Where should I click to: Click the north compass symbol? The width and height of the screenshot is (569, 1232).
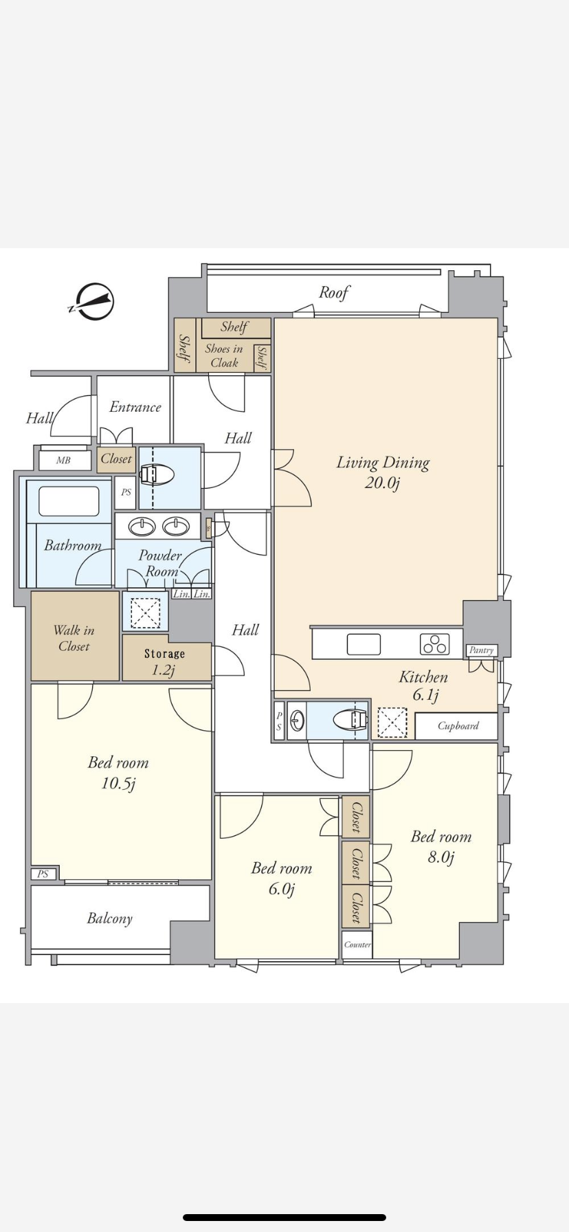pyautogui.click(x=91, y=302)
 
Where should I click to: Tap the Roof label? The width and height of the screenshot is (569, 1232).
pyautogui.click(x=334, y=293)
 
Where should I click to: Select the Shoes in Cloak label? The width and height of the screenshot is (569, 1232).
pyautogui.click(x=224, y=356)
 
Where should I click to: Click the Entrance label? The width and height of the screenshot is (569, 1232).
pyautogui.click(x=135, y=407)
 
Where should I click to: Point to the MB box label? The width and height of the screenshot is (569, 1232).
pyautogui.click(x=63, y=460)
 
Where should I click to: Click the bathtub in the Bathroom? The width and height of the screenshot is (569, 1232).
pyautogui.click(x=69, y=501)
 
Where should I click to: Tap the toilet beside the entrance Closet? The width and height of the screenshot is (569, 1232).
pyautogui.click(x=157, y=474)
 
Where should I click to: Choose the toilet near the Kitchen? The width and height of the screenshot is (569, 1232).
pyautogui.click(x=350, y=720)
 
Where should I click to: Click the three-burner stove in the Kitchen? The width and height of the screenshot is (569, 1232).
pyautogui.click(x=434, y=643)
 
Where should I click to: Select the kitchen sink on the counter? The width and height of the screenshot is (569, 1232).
pyautogui.click(x=364, y=644)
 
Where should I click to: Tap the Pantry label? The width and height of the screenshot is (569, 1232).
pyautogui.click(x=481, y=650)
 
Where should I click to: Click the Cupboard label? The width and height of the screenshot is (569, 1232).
pyautogui.click(x=458, y=726)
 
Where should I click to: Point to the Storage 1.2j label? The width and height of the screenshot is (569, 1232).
pyautogui.click(x=164, y=662)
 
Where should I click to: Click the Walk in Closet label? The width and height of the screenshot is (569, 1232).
pyautogui.click(x=74, y=638)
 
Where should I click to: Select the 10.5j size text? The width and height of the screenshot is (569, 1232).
pyautogui.click(x=118, y=783)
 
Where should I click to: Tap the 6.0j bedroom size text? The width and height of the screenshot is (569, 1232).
pyautogui.click(x=282, y=889)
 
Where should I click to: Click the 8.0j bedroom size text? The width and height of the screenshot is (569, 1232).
pyautogui.click(x=441, y=857)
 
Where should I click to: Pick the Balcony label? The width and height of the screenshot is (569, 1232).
pyautogui.click(x=109, y=918)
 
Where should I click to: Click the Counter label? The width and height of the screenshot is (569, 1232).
pyautogui.click(x=357, y=945)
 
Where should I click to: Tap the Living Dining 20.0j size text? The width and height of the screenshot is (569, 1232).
pyautogui.click(x=383, y=483)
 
